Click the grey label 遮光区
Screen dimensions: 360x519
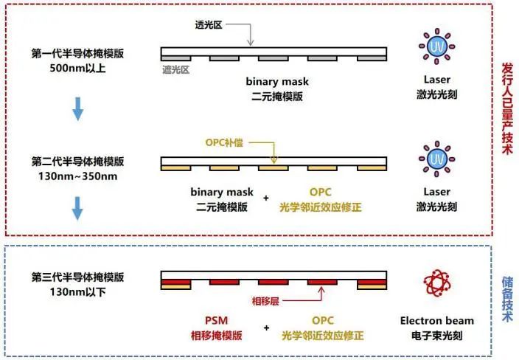click(x=177, y=71)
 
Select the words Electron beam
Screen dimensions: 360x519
click(x=437, y=321)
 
